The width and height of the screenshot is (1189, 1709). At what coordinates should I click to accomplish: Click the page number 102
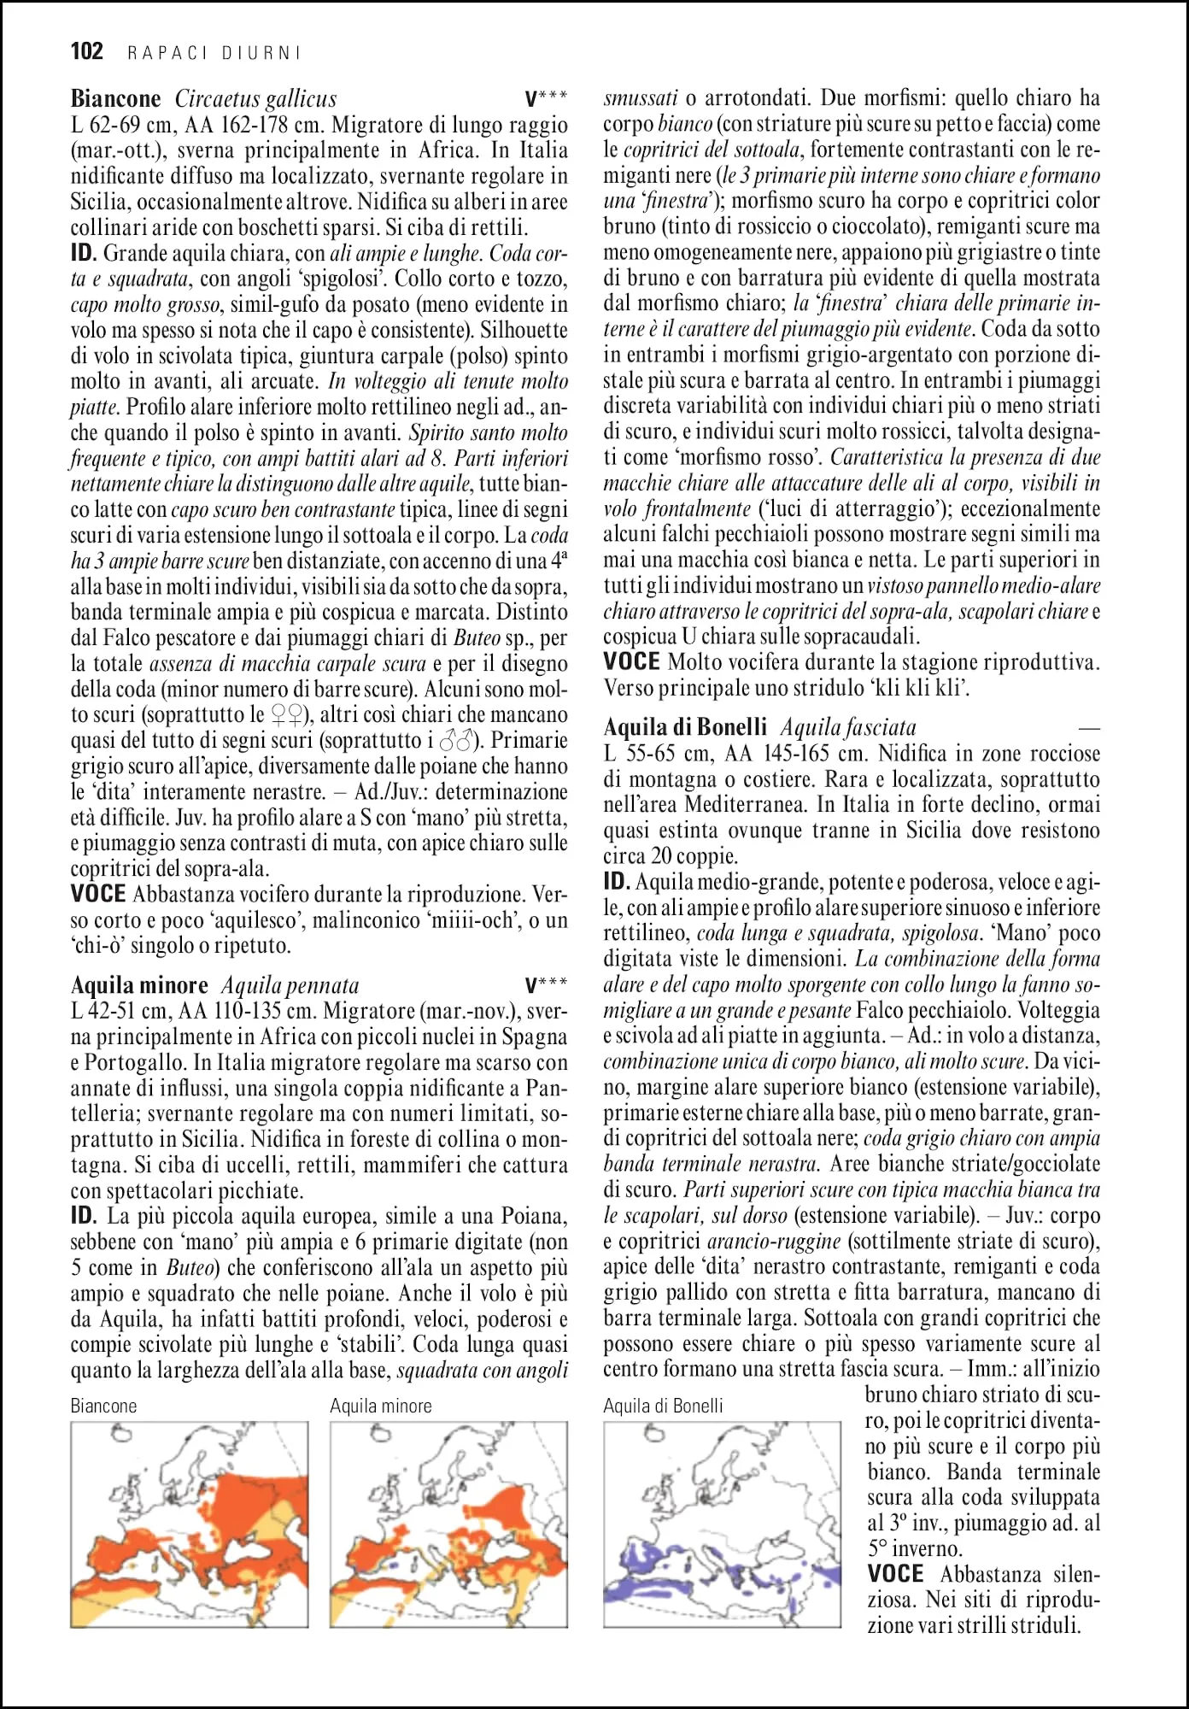click(x=86, y=51)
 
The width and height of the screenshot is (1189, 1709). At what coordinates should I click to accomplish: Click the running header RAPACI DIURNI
click(x=214, y=53)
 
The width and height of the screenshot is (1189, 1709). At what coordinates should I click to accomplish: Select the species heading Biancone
click(x=115, y=99)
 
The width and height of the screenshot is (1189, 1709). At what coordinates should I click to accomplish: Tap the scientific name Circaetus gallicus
click(x=255, y=99)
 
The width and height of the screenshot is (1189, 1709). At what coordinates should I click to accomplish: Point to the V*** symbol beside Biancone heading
click(x=546, y=99)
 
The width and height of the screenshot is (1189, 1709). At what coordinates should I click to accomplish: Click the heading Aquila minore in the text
click(x=139, y=985)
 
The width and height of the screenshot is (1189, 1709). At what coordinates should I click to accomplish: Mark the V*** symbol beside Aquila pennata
click(x=546, y=986)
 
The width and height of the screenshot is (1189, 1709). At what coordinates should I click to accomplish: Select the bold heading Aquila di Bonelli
click(x=685, y=727)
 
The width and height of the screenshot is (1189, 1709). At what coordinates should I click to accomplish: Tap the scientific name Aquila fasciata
click(x=847, y=728)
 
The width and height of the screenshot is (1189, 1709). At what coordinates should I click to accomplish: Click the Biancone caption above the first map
click(x=103, y=1406)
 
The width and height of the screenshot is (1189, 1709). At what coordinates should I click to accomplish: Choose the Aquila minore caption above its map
click(x=381, y=1406)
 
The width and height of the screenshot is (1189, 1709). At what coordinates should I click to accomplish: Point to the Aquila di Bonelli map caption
click(x=663, y=1406)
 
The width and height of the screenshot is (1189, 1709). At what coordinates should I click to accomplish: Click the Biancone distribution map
click(x=189, y=1524)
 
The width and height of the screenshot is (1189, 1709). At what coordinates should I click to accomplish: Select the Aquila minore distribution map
click(x=448, y=1524)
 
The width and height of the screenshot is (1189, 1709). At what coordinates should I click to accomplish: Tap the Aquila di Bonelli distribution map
click(x=723, y=1524)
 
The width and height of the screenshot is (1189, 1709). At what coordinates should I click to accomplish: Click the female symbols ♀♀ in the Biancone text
click(x=287, y=715)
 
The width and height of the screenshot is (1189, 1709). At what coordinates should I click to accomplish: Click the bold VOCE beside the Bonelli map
click(x=895, y=1574)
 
